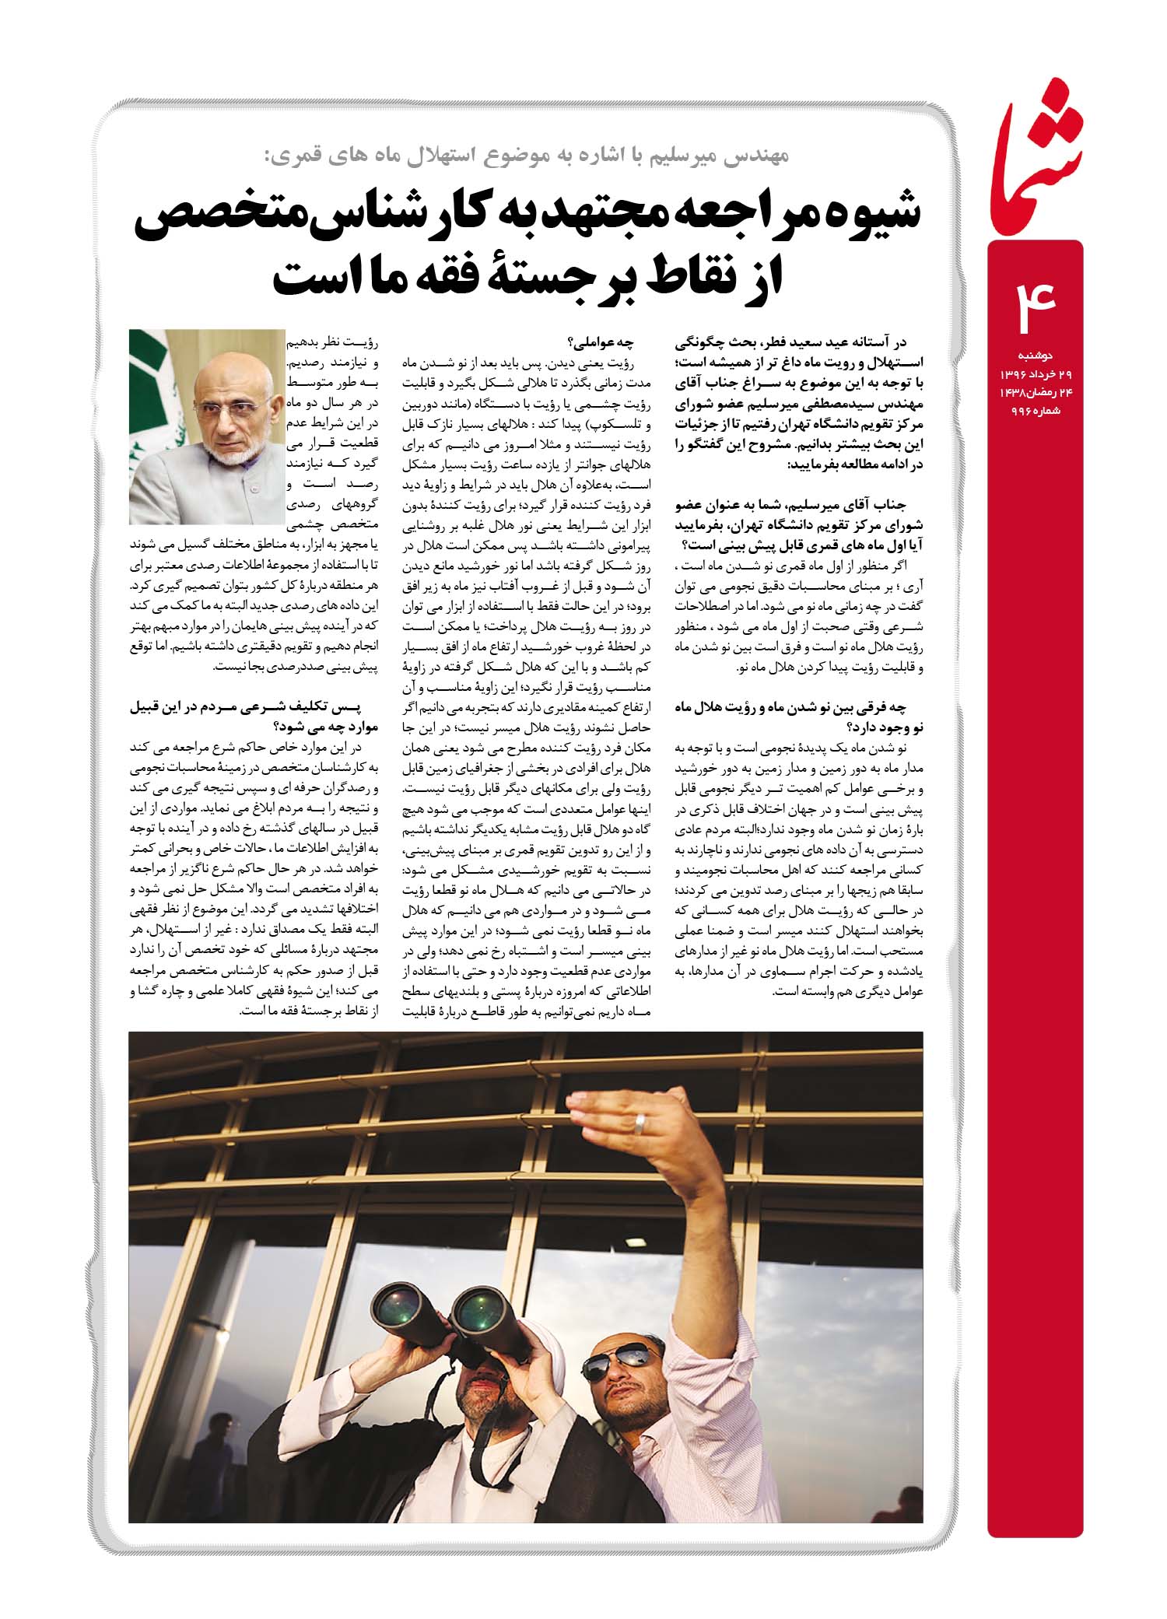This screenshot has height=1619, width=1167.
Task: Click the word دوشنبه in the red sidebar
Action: (x=1036, y=356)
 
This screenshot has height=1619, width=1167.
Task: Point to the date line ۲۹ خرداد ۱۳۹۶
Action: (x=1032, y=374)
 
